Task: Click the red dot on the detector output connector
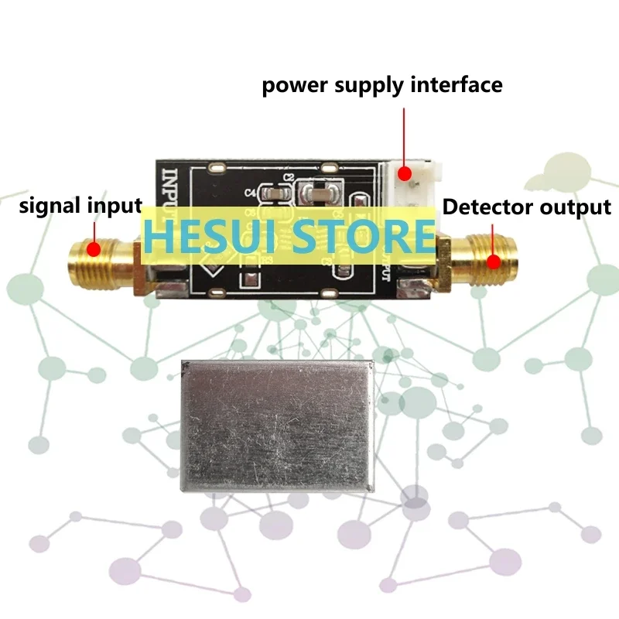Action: (x=493, y=260)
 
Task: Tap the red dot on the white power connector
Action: (x=403, y=174)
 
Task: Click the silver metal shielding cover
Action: (x=276, y=426)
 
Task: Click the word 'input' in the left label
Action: (x=116, y=207)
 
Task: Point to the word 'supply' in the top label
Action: (x=370, y=85)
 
